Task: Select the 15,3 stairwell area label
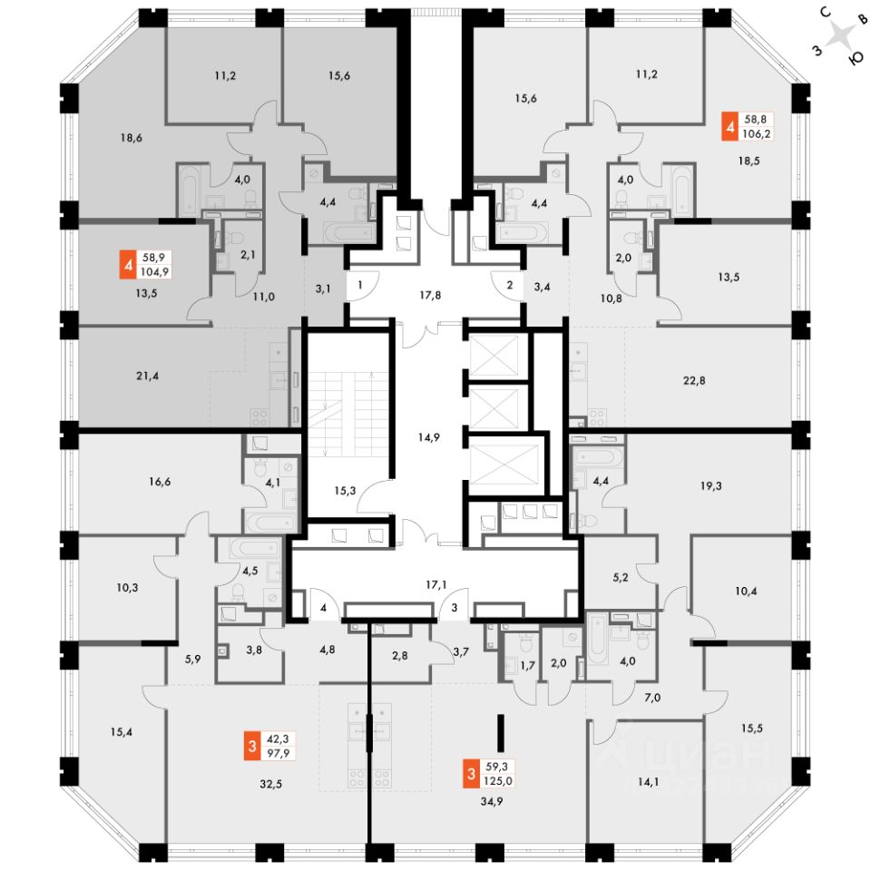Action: pyautogui.click(x=344, y=491)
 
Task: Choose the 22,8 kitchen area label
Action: pyautogui.click(x=695, y=380)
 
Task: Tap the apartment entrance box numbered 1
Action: pyautogui.click(x=360, y=285)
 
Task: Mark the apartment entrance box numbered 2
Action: pyautogui.click(x=510, y=285)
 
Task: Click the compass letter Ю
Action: pyautogui.click(x=854, y=57)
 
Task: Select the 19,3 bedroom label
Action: pyautogui.click(x=710, y=485)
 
